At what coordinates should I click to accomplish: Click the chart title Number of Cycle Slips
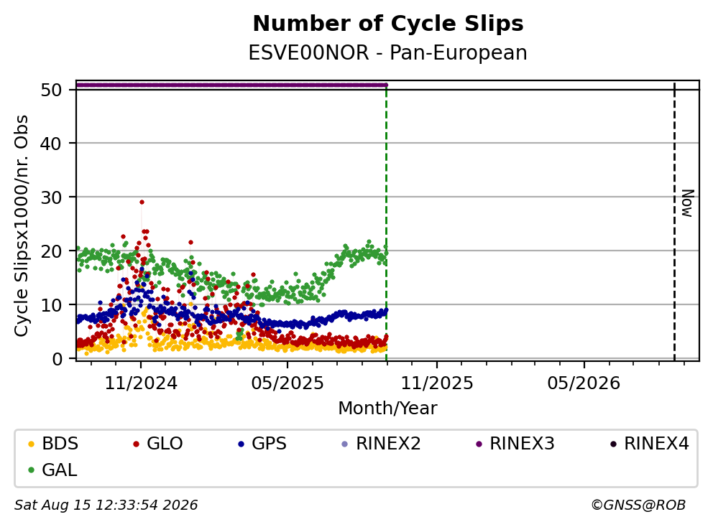388,24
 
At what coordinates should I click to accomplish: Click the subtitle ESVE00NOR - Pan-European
388,52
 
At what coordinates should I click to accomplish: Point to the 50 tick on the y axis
51,90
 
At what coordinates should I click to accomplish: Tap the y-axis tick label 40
51,144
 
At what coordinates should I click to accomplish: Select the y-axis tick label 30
51,197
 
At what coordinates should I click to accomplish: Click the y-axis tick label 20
51,251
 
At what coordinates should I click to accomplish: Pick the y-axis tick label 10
51,305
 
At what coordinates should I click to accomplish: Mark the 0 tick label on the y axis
57,358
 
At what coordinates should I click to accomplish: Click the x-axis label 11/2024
141,383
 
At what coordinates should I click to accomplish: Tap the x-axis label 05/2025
287,383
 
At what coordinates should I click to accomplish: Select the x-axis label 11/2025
436,383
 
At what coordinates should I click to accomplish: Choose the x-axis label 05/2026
584,383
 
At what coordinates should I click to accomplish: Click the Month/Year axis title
387,408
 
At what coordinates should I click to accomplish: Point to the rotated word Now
688,203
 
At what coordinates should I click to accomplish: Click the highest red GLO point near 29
142,202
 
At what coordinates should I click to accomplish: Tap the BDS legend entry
53,444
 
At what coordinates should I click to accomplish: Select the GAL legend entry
52,470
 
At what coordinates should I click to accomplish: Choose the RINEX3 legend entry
515,444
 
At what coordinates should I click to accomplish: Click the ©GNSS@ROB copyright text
638,505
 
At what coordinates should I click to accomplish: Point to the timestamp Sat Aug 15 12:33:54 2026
106,505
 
